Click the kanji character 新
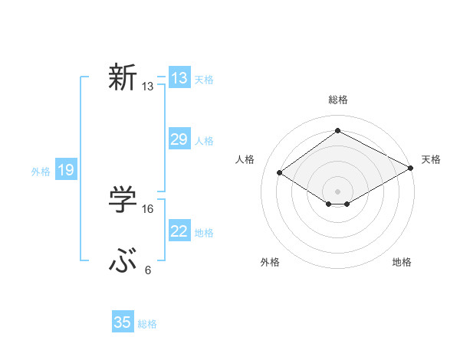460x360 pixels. [x=123, y=77]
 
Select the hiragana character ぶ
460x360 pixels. [x=123, y=262]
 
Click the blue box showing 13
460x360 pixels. [x=179, y=78]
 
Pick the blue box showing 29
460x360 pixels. [x=179, y=139]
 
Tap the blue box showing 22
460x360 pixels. [x=179, y=231]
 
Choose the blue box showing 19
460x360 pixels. [x=66, y=170]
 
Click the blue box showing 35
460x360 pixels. [x=123, y=322]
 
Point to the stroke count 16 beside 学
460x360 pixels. [x=148, y=208]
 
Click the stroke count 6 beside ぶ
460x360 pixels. [x=148, y=270]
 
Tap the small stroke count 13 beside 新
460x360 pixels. [x=148, y=87]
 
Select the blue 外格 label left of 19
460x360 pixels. [x=41, y=172]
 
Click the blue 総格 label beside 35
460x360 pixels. [x=147, y=324]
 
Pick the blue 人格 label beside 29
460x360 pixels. [x=204, y=141]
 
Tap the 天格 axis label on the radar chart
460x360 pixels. [x=431, y=159]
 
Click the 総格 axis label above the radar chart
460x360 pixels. [x=338, y=100]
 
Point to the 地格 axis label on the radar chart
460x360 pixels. [x=402, y=262]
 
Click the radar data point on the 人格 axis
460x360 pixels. [x=280, y=173]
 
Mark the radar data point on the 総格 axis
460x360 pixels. [x=337, y=131]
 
